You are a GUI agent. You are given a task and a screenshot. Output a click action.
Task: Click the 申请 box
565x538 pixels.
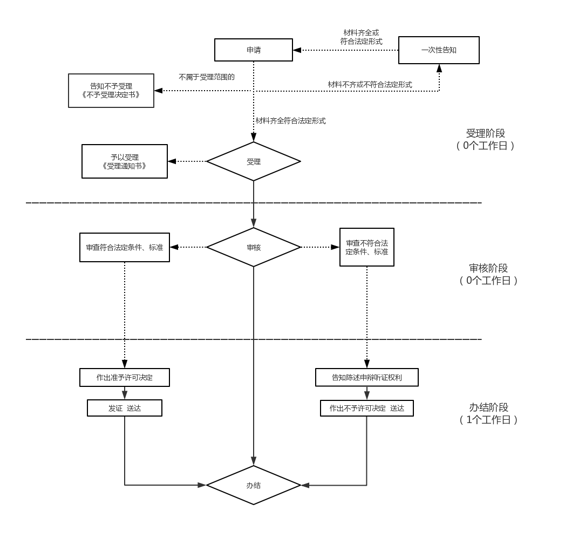[x=254, y=50]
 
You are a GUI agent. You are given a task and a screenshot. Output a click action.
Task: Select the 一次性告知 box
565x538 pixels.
[x=439, y=50]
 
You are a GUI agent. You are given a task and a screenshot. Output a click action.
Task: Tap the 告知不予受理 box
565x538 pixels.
[x=111, y=91]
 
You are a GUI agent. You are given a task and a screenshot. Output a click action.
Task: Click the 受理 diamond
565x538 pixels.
[x=254, y=161]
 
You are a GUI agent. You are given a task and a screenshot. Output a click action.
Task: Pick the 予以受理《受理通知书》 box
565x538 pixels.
[x=125, y=161]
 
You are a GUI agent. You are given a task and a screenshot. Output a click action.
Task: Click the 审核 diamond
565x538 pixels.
[x=254, y=247]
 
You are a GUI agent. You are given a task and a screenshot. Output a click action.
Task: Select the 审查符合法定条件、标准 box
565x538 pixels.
[x=125, y=247]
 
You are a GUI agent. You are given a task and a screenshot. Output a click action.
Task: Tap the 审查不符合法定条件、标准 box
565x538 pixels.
[x=367, y=247]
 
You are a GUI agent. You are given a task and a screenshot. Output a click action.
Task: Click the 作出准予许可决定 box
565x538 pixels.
[x=125, y=377]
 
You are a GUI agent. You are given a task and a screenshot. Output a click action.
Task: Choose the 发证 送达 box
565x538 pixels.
[x=125, y=408]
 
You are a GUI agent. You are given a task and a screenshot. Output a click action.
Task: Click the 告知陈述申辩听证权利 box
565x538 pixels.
[x=367, y=377]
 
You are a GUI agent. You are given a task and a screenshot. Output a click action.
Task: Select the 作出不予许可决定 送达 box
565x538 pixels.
[x=367, y=408]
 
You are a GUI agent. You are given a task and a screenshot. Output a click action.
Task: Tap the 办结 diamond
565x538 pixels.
[x=254, y=485]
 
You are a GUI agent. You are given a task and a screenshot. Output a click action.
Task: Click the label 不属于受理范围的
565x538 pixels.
[x=207, y=77]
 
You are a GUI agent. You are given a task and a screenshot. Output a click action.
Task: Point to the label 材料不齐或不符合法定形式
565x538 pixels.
[x=370, y=85]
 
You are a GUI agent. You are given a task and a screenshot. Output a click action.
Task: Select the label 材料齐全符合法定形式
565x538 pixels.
[x=290, y=121]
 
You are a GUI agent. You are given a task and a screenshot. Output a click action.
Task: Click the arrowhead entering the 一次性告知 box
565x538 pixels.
[x=439, y=68]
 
